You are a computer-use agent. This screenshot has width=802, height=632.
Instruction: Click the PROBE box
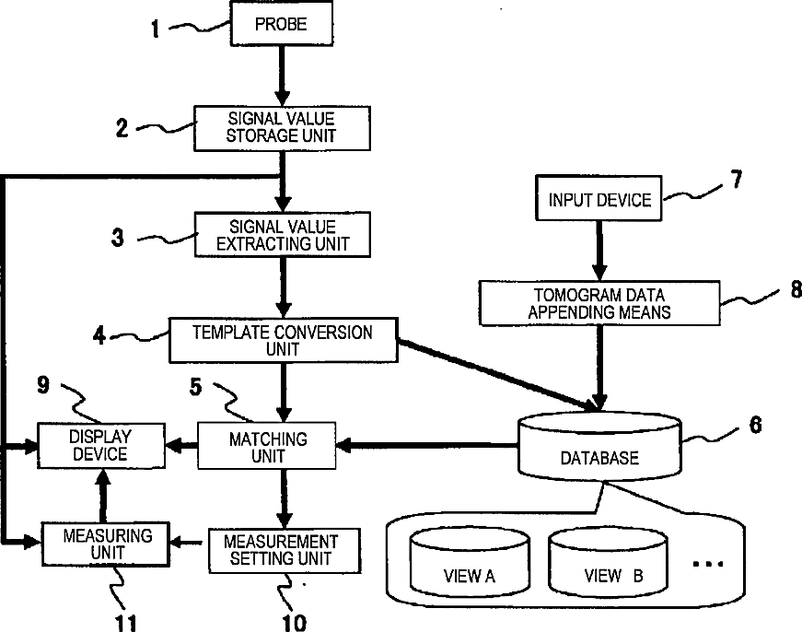click(x=282, y=24)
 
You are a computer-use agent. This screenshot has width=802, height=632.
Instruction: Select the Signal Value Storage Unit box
click(x=282, y=128)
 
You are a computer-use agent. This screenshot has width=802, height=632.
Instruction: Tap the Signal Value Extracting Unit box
click(x=283, y=234)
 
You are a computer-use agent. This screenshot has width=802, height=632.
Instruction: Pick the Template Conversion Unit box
click(x=284, y=340)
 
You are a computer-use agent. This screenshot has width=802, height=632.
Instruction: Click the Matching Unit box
click(x=267, y=446)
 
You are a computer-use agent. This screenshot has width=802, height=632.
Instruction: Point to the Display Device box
click(x=101, y=446)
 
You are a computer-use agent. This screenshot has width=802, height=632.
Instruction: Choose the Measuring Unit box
click(x=105, y=544)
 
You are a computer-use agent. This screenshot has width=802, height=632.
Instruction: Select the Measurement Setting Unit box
click(x=285, y=551)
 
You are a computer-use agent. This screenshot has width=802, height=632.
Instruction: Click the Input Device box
click(x=599, y=199)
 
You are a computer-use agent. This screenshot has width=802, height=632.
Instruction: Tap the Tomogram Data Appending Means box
click(x=599, y=303)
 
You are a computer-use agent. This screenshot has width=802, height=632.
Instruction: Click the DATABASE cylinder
click(x=599, y=446)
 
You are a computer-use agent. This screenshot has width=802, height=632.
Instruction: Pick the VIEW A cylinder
click(x=470, y=561)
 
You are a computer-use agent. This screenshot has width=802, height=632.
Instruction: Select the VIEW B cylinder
click(x=608, y=562)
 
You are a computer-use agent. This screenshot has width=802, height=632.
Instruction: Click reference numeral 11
click(x=126, y=623)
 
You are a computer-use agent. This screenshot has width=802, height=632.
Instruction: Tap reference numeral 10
click(x=294, y=623)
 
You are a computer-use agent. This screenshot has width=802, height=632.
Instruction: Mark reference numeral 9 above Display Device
click(x=43, y=385)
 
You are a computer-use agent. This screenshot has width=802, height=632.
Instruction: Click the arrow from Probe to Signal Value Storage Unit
click(x=282, y=76)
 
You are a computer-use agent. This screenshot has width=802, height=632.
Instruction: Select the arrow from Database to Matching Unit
click(x=427, y=445)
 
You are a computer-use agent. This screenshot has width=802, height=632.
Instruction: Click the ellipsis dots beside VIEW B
click(x=708, y=564)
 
